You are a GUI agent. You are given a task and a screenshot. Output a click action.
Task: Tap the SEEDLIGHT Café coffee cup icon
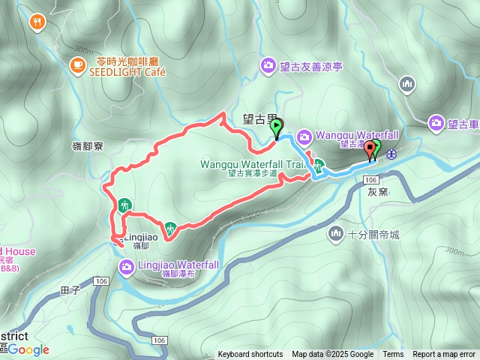(x=77, y=66)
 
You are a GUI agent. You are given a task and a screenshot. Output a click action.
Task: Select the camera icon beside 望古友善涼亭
(x=268, y=67)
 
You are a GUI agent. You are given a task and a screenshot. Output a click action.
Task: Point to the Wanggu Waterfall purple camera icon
(x=304, y=136)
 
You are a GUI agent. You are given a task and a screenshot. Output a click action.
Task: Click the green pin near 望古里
(x=277, y=128)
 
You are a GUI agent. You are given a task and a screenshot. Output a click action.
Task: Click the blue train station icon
(x=391, y=154)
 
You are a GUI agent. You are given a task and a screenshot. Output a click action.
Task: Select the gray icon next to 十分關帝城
(x=335, y=235)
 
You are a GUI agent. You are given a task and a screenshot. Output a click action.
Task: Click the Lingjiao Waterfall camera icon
(x=126, y=266)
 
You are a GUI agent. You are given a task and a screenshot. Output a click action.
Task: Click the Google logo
(x=28, y=349)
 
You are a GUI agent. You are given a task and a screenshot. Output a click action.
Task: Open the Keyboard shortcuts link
(x=250, y=355)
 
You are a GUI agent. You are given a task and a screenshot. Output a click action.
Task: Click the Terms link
(x=393, y=355)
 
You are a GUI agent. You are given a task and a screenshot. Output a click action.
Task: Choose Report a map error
(x=444, y=355)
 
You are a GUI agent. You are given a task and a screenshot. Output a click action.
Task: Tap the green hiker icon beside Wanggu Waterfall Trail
(x=319, y=166)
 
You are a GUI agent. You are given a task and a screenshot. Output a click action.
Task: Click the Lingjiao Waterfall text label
(x=178, y=265)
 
